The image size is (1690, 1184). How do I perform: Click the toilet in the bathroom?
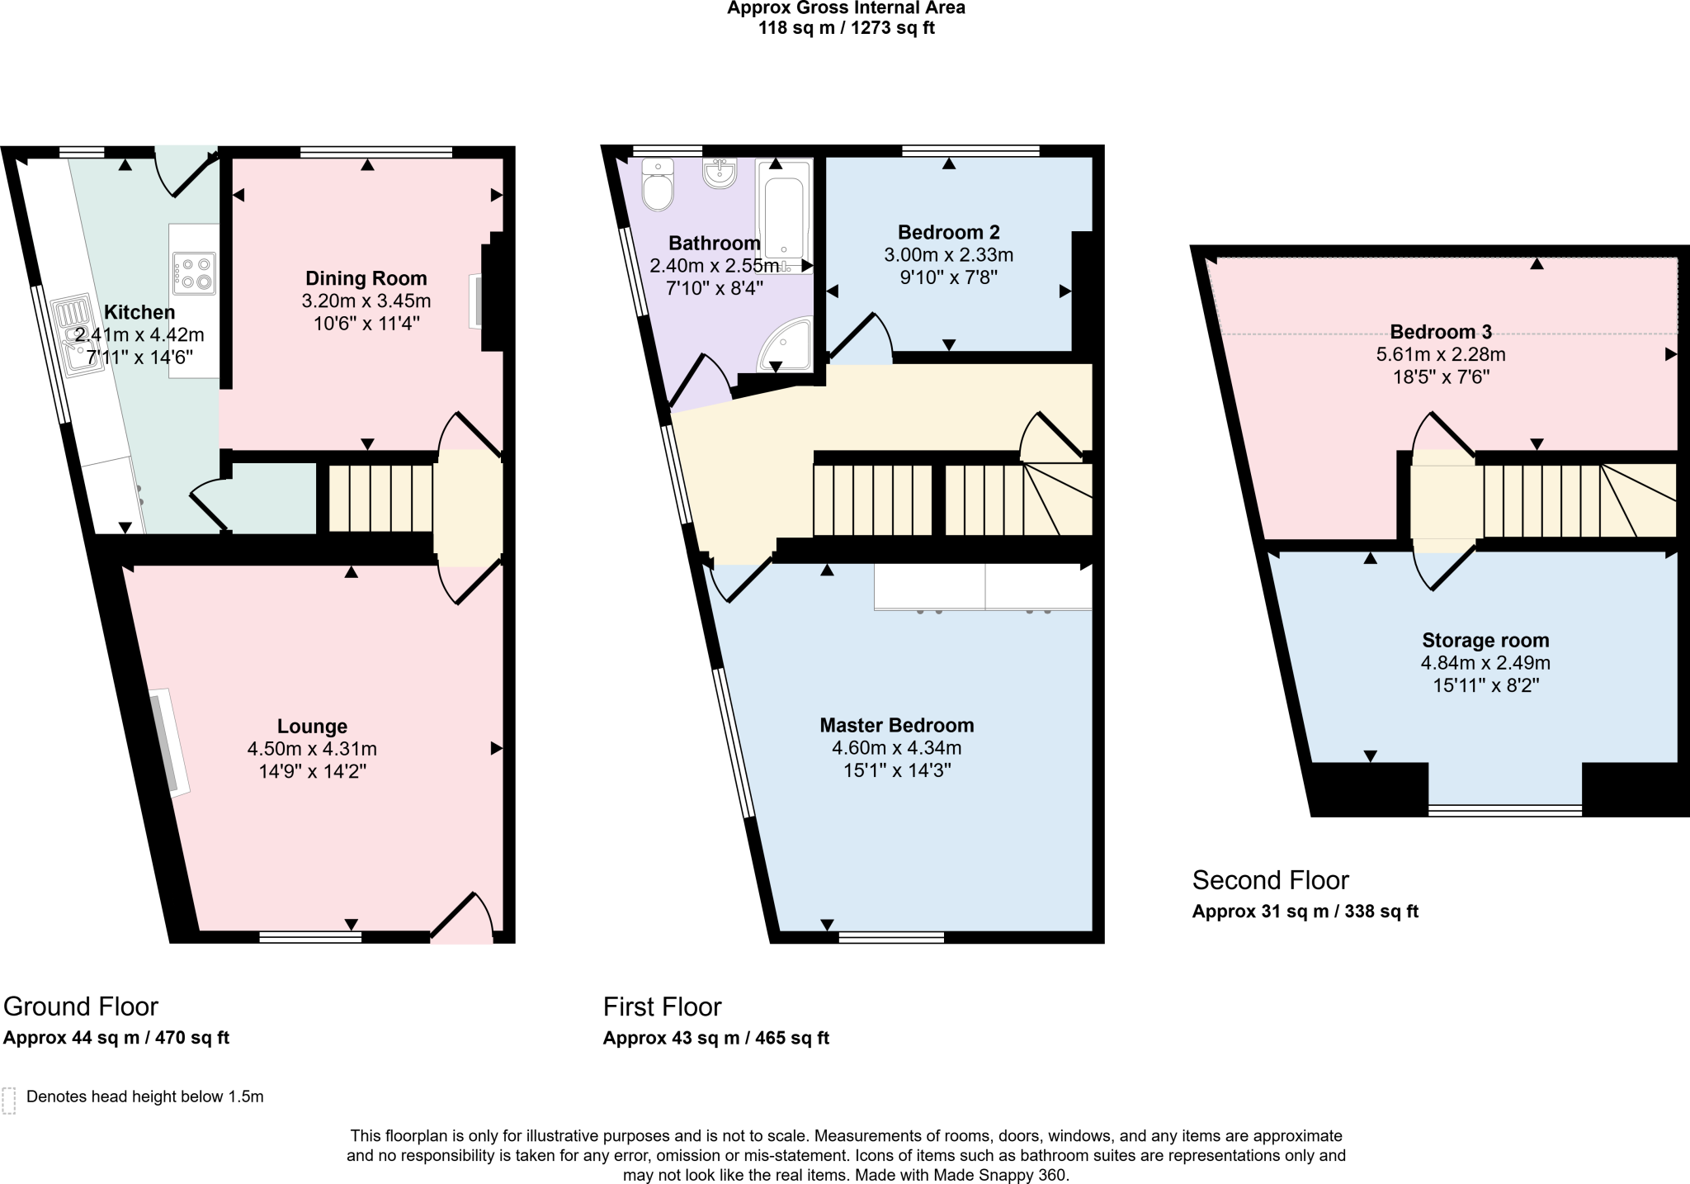coord(658,186)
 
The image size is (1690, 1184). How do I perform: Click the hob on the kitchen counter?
coord(193,272)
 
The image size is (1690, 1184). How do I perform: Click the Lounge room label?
coord(312,727)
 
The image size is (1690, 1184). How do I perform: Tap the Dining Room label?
coord(366,278)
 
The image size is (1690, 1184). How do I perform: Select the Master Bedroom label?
coord(896,725)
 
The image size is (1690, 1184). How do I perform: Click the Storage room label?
coord(1485,640)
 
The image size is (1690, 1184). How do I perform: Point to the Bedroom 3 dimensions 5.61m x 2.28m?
coord(1440,355)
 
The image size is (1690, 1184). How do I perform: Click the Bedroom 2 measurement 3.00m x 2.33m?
coord(948,255)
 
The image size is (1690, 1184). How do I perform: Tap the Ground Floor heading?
coord(81,1006)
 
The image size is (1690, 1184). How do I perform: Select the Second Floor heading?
coord(1270,880)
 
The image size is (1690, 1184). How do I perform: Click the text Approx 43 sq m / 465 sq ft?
coord(715,1039)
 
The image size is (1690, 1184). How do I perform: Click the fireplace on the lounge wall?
coord(168,742)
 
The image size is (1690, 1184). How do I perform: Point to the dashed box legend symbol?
coord(9,1101)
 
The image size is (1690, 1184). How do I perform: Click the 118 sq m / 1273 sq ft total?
coord(846,28)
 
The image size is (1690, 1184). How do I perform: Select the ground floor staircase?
coord(380,498)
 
